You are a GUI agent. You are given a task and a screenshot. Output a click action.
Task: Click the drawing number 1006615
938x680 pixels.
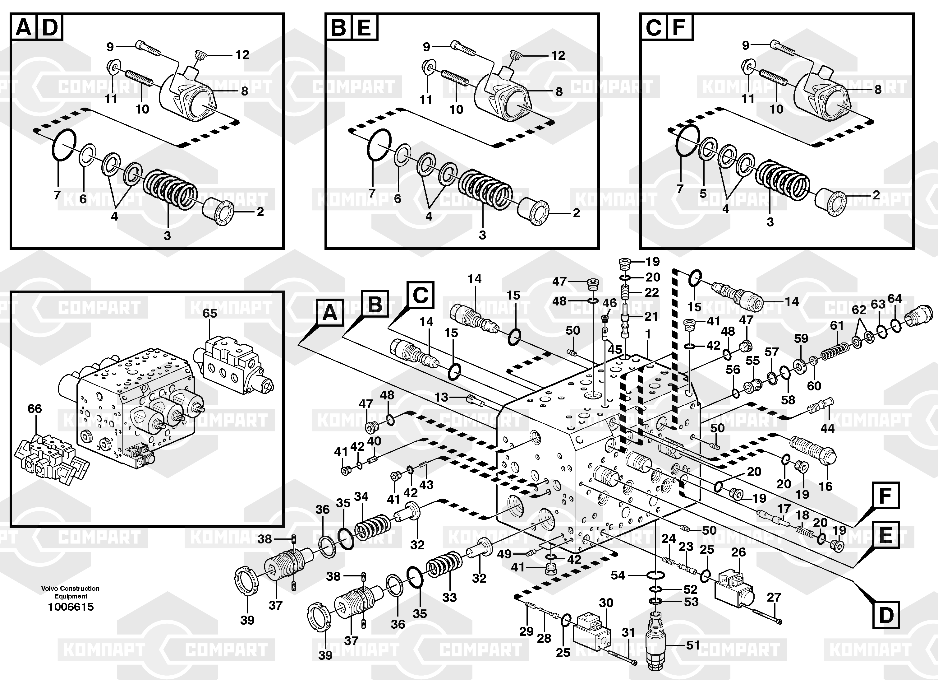[71, 607]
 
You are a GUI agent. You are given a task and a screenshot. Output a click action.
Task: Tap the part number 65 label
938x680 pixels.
[210, 313]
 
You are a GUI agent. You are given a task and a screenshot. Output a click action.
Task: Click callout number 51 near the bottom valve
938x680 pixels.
[693, 645]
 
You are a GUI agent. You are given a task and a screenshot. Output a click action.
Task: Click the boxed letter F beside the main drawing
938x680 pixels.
[885, 496]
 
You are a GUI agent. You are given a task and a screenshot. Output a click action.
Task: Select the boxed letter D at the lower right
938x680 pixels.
[886, 615]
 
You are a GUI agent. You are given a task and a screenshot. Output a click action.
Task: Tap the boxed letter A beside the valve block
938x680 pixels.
[330, 313]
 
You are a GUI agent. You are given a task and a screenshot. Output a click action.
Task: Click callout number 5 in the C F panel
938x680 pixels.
[703, 193]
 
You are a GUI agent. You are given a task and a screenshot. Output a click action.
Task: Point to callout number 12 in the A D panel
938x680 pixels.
[242, 55]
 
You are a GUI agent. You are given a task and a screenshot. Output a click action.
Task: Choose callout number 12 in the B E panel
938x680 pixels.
[558, 55]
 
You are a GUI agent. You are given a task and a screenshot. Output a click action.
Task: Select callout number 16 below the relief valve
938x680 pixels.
[825, 486]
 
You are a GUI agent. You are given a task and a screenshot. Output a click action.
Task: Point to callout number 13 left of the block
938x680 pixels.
[441, 397]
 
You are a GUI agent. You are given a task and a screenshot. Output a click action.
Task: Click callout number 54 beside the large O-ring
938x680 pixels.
[618, 575]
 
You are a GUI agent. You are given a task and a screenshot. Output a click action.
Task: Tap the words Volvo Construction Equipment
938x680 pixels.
[70, 592]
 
